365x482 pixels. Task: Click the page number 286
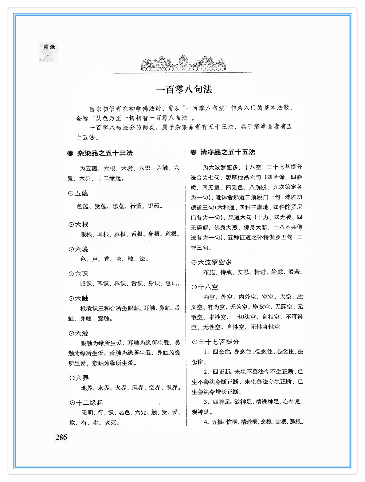[x=61, y=437]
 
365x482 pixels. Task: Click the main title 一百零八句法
[x=184, y=89]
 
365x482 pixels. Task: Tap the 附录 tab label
[x=49, y=47]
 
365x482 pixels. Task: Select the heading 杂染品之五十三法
[x=105, y=153]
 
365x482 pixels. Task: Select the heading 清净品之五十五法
[x=228, y=152]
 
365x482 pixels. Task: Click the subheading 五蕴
[x=81, y=193]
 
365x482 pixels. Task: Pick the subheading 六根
[x=81, y=225]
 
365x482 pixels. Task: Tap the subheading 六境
[x=81, y=249]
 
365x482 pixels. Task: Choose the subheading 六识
[x=81, y=274]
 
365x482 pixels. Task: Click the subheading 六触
[x=81, y=298]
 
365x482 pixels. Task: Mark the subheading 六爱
[x=81, y=334]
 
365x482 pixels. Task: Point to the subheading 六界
[x=82, y=378]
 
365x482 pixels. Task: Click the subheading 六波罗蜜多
[x=214, y=263]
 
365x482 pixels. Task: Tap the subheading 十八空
[x=208, y=287]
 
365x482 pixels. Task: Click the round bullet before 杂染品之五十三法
[x=70, y=153]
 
